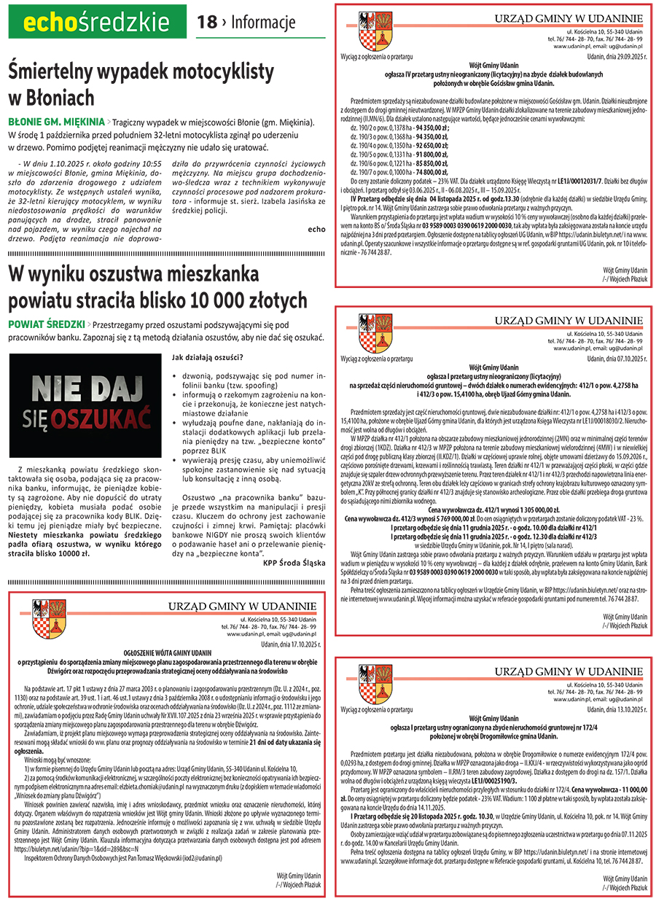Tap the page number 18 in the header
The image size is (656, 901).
pyautogui.click(x=207, y=23)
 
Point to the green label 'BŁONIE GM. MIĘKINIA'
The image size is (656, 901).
pyautogui.click(x=55, y=121)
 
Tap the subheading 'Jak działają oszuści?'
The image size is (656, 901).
pyautogui.click(x=207, y=357)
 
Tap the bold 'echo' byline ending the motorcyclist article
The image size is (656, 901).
pyautogui.click(x=317, y=229)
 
